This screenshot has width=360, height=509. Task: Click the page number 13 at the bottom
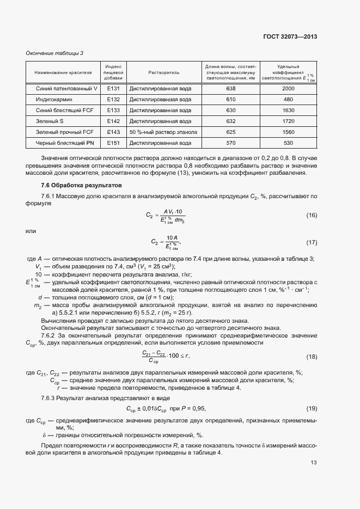(314, 463)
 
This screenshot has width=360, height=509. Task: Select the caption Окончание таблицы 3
(55, 53)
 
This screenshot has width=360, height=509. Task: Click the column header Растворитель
(164, 72)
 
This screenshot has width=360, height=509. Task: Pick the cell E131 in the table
(113, 88)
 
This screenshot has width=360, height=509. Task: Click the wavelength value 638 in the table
(231, 88)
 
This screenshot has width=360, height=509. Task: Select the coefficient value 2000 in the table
(289, 88)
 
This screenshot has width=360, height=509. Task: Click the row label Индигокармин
(54, 100)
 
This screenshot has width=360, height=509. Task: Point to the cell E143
(113, 132)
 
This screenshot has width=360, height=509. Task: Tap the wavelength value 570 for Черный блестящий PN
(231, 143)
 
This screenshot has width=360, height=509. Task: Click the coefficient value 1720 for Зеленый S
(289, 121)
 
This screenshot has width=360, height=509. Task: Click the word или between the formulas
(31, 231)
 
